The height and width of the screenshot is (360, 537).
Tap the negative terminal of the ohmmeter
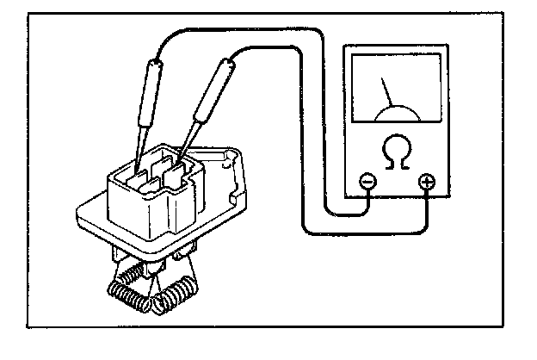(367, 182)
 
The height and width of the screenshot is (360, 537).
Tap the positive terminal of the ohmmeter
(426, 182)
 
